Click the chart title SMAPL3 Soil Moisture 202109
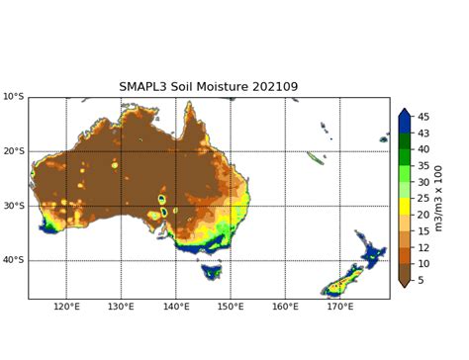coord(208,86)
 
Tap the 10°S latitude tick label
coord(13,97)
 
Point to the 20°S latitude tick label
coord(13,151)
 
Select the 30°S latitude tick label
coord(13,206)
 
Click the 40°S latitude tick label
coord(13,260)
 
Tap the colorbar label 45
coord(422,117)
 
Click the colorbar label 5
coord(420,280)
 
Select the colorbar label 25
coord(422,199)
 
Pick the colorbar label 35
coord(422,166)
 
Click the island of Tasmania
coord(211,271)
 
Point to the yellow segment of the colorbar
coord(405,207)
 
